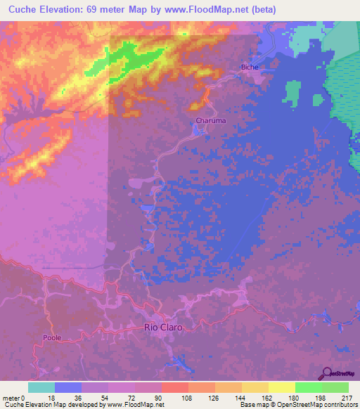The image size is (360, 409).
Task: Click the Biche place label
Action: tap(250, 67)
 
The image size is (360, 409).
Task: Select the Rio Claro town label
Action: tap(163, 327)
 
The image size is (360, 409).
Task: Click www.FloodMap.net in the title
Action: tap(204, 10)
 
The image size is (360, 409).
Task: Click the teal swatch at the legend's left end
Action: tap(41, 387)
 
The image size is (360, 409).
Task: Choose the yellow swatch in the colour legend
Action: tap(282, 387)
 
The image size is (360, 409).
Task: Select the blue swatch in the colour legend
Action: tap(68, 387)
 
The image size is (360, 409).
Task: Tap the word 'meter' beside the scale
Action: tap(11, 397)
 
